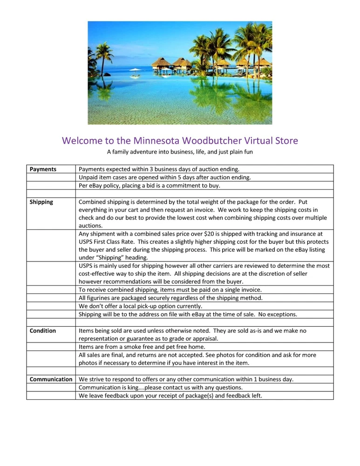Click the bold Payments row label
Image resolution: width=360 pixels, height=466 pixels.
point(43,169)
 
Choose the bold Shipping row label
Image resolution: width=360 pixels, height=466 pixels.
point(41,202)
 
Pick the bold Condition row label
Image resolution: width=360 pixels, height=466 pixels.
point(43,331)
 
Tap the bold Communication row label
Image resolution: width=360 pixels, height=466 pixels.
point(51,379)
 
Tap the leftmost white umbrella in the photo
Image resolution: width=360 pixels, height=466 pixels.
point(135,70)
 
